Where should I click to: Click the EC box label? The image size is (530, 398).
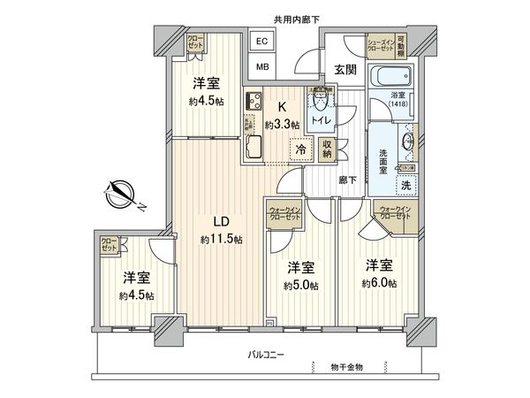click(262, 41)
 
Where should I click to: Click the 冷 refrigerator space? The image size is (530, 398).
click(302, 151)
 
